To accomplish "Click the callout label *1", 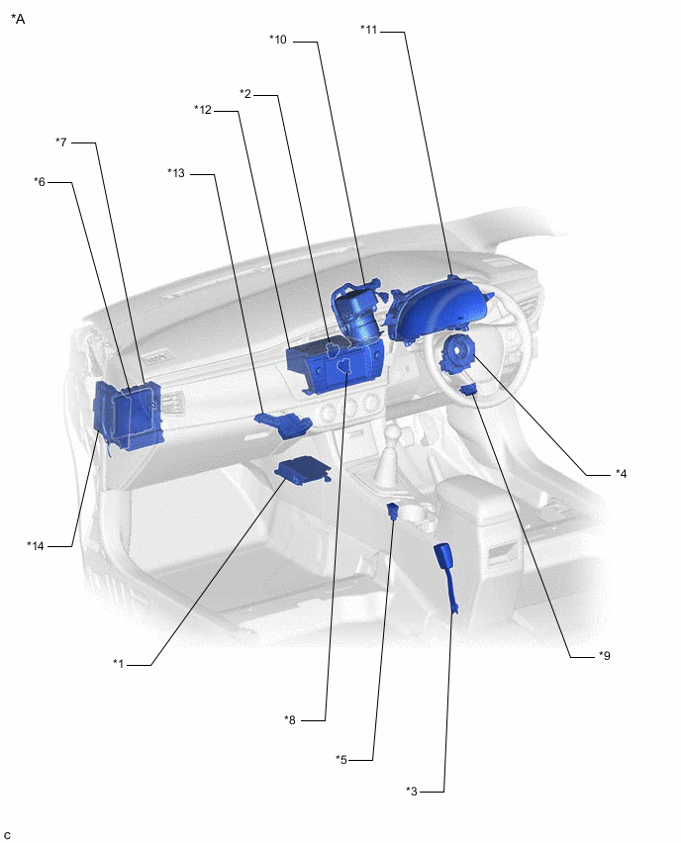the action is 119,664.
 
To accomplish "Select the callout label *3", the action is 412,791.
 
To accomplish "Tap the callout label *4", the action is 622,474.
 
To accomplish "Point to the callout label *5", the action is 341,760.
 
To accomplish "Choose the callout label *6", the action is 40,182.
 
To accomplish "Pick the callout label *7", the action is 61,141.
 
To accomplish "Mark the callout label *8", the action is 290,720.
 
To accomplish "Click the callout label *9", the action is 605,655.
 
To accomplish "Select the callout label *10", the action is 278,40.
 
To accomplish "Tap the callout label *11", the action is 369,29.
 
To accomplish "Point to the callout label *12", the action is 203,110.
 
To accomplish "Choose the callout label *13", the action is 176,172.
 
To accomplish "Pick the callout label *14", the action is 36,546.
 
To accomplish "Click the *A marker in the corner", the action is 18,19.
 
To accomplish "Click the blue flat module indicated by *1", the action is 304,470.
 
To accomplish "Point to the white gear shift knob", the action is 393,433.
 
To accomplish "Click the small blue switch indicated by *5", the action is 393,511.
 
